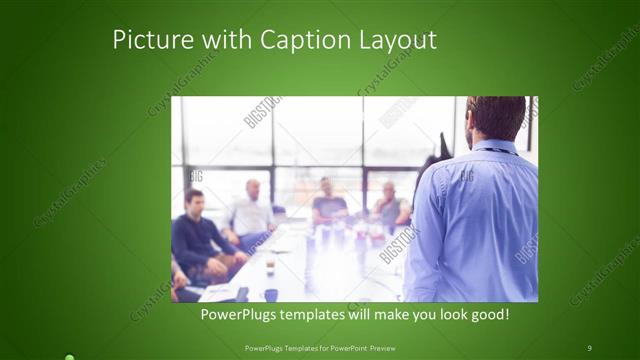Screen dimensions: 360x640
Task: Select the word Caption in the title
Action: pyautogui.click(x=301, y=40)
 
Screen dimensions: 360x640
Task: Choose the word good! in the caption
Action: pyautogui.click(x=488, y=315)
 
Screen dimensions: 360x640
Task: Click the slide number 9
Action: pyautogui.click(x=590, y=347)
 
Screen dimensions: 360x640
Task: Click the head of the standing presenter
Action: pyautogui.click(x=496, y=117)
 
